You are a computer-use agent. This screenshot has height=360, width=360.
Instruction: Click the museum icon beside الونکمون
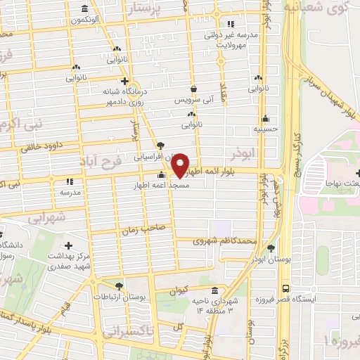point(84,8)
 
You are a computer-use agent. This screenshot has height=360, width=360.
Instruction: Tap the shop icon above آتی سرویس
point(193,89)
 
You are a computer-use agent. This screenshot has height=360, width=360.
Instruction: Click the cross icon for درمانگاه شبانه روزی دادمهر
point(124,81)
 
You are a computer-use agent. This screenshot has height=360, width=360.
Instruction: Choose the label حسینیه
point(265,129)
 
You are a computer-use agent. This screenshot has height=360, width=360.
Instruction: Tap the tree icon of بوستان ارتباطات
point(117,286)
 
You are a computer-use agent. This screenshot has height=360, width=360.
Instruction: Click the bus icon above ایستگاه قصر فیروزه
point(285,288)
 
